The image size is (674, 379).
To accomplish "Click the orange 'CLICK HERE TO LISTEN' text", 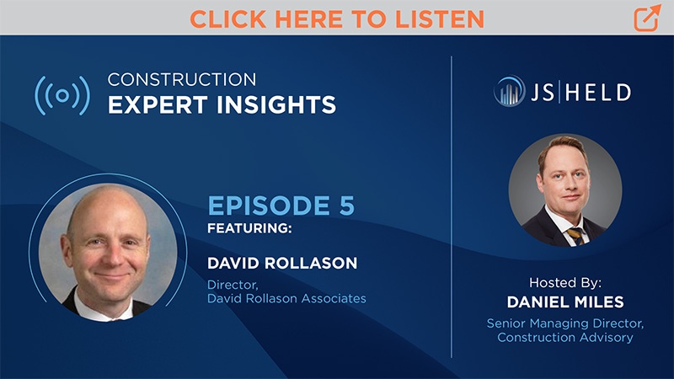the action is click(x=337, y=19).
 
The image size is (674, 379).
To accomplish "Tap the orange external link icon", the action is click(x=647, y=18).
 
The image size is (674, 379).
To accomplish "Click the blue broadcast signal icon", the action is click(x=62, y=95).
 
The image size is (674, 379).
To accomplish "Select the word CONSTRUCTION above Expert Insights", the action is click(x=181, y=79).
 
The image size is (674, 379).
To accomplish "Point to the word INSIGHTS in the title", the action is click(x=276, y=105).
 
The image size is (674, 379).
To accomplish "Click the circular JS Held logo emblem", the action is click(x=510, y=91).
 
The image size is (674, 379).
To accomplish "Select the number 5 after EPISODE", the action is click(x=346, y=206).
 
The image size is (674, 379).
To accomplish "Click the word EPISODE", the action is click(x=269, y=206).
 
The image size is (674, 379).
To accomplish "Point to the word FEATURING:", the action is click(x=249, y=228).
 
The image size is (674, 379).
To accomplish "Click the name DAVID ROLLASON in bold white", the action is click(x=282, y=263).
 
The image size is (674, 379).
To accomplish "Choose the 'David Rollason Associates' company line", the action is click(x=286, y=298).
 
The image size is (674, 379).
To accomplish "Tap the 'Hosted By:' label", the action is click(x=565, y=282).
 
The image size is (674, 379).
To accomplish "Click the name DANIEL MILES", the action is click(x=565, y=302).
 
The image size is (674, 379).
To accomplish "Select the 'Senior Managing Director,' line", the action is click(x=565, y=323).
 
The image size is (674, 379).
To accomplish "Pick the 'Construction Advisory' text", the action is click(x=565, y=338).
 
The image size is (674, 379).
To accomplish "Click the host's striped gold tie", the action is click(x=576, y=237).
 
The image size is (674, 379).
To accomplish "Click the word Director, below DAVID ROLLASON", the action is click(x=233, y=285).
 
